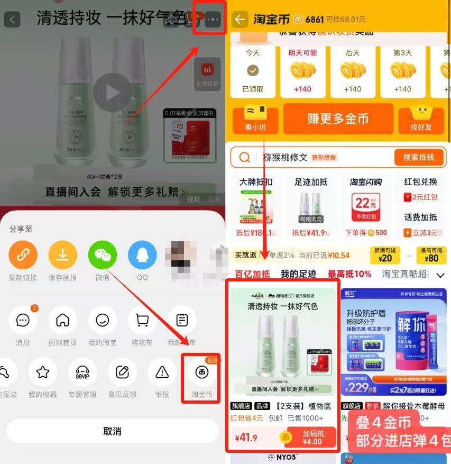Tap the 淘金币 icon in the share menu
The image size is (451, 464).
tap(201, 372)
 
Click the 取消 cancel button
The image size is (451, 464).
tap(112, 431)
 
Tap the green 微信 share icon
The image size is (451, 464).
tap(102, 256)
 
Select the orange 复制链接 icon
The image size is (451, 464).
tap(23, 256)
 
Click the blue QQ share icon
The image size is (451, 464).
tap(142, 256)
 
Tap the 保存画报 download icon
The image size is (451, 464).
tap(62, 256)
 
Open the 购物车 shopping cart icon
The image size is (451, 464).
tap(142, 320)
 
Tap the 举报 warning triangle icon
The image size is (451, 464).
tap(162, 372)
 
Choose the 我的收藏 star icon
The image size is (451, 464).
tap(42, 372)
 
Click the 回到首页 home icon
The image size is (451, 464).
tap(62, 320)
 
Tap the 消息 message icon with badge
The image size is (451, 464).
tap(23, 320)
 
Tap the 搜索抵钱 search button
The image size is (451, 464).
tap(418, 157)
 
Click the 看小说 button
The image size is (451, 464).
tap(255, 120)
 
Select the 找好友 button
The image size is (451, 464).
tap(421, 120)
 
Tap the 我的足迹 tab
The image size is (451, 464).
tap(298, 274)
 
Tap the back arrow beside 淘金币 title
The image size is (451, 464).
tap(240, 20)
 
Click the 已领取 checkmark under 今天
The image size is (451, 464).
tap(253, 70)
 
